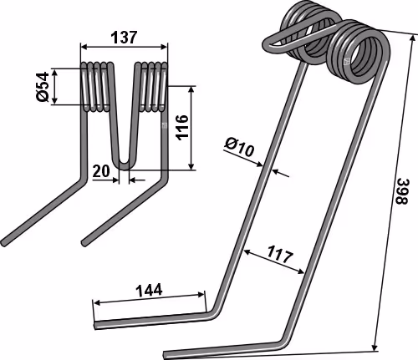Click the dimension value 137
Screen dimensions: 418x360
click(125, 38)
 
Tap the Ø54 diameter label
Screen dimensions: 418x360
click(43, 87)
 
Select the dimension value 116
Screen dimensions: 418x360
click(182, 127)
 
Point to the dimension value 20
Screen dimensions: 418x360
click(101, 171)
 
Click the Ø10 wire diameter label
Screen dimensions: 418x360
click(240, 147)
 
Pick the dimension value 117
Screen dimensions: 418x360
click(280, 255)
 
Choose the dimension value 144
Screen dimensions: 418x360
click(149, 291)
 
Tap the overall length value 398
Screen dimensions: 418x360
click(402, 191)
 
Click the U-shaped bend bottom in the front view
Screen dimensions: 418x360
click(125, 165)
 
